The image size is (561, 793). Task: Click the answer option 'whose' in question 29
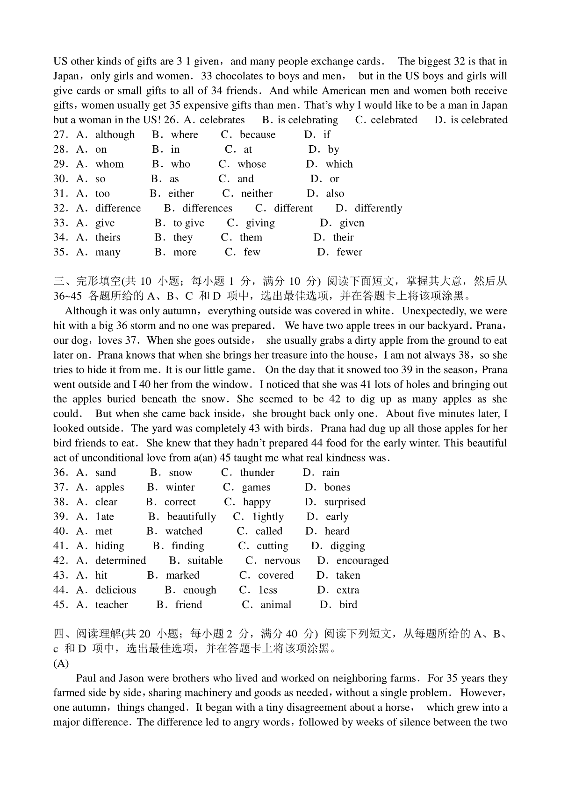click(x=252, y=164)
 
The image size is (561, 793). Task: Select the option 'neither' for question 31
click(x=257, y=193)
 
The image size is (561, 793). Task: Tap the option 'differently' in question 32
click(x=378, y=208)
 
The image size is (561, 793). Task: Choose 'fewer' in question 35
click(x=349, y=252)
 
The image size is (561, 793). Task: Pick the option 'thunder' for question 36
click(x=257, y=473)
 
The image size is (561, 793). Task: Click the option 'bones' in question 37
click(x=337, y=487)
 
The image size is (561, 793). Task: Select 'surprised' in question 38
click(x=345, y=502)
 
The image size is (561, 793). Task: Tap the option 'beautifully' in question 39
click(x=191, y=517)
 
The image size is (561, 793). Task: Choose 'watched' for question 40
click(x=184, y=531)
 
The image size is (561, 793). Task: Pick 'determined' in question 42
click(x=121, y=560)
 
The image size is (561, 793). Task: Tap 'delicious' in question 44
click(x=115, y=590)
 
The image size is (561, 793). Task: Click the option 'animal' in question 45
click(x=276, y=605)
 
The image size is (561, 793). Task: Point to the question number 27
click(x=61, y=135)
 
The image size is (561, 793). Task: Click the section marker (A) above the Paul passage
click(x=61, y=663)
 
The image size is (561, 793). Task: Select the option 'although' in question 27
click(x=115, y=135)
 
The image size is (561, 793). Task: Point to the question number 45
click(x=61, y=605)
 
